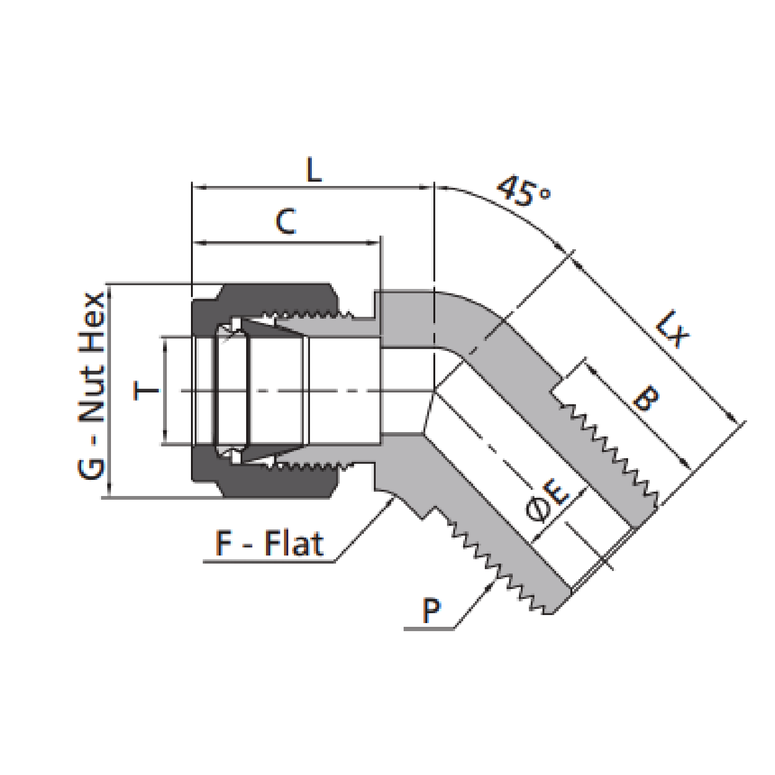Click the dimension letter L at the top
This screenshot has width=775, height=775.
[314, 170]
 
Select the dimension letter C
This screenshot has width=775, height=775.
[285, 222]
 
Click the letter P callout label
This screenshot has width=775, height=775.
[431, 610]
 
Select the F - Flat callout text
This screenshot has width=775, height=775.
[269, 544]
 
